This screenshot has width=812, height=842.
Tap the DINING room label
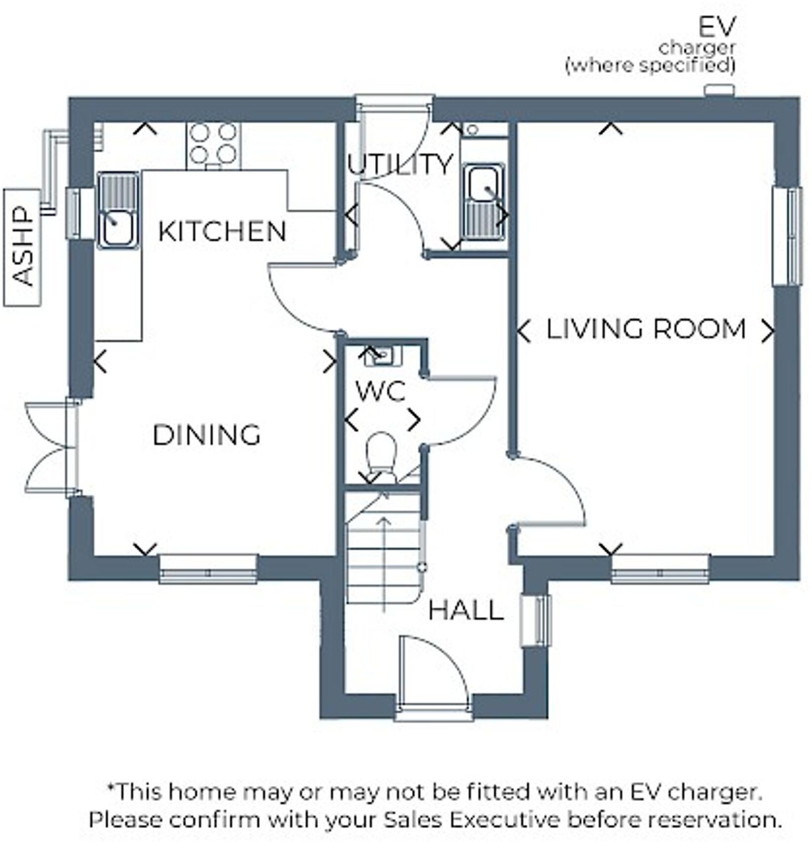pos(206,435)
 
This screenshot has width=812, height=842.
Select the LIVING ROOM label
pos(646,330)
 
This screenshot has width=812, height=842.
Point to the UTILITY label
pos(400,165)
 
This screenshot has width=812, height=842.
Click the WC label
pos(381,392)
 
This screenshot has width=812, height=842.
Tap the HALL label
pos(466,611)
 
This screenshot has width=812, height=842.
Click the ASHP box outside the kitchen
pos(22,247)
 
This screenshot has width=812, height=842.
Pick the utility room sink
pos(484,202)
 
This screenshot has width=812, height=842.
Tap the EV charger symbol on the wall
pos(719,90)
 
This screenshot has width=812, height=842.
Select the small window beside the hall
pos(536,621)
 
